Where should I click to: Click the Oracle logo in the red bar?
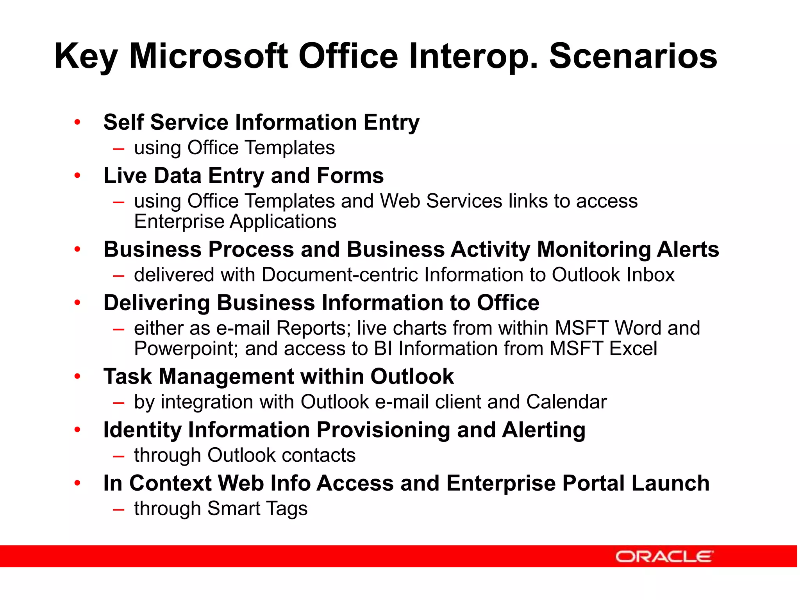click(664, 556)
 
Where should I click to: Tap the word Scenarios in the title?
click(633, 57)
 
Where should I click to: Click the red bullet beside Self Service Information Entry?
click(77, 122)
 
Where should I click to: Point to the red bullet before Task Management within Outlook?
click(77, 377)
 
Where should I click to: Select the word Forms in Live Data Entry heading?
click(350, 175)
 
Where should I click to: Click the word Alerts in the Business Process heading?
click(688, 249)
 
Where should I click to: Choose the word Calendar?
click(566, 402)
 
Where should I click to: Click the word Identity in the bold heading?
click(142, 430)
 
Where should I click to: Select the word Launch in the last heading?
click(670, 483)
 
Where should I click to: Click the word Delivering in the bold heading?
click(157, 303)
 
